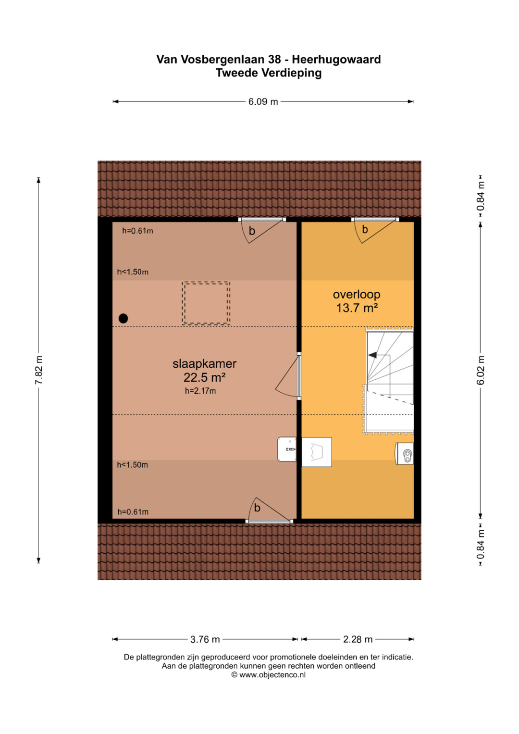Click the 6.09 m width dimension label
point(263,101)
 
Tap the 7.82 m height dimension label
point(38,370)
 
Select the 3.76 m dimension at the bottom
point(205,639)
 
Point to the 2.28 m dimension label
point(358,639)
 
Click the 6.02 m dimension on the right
point(481,370)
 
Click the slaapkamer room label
point(204,364)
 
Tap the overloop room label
point(357,294)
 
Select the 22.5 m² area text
point(204,377)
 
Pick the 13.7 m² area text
point(357,308)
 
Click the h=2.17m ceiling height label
point(200,391)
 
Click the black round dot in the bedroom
point(123,318)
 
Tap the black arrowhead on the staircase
point(372,355)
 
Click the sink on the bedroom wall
point(287,449)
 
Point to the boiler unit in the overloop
point(405,453)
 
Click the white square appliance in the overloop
point(317,452)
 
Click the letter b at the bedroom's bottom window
point(257,508)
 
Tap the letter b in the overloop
point(365,229)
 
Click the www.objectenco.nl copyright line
point(268,675)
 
